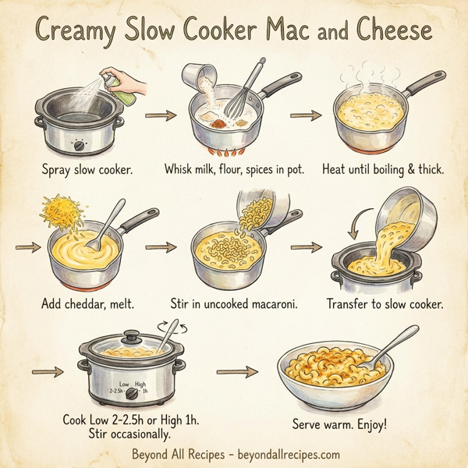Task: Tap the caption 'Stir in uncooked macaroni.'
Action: coord(235,303)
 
